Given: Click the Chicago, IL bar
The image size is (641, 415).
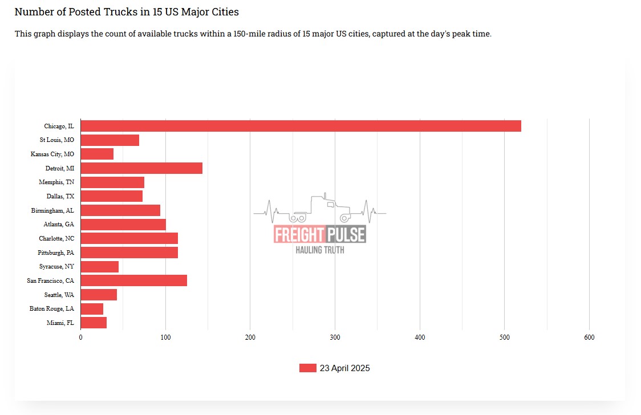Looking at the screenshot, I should (x=301, y=126).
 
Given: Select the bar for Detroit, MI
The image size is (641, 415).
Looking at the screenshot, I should (x=141, y=168).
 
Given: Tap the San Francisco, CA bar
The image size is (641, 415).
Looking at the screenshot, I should (x=133, y=280).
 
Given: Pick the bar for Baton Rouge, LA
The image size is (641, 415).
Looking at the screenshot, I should (x=92, y=309).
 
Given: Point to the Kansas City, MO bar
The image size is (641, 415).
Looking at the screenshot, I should (x=97, y=154).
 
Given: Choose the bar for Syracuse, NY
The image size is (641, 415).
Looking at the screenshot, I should (x=99, y=267).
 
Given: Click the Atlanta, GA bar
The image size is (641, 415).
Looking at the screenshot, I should (x=123, y=225).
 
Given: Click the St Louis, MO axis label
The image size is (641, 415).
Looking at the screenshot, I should (x=56, y=140).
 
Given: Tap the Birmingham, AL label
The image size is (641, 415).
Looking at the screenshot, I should (x=52, y=210).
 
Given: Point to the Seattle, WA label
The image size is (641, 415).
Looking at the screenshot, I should (x=59, y=295).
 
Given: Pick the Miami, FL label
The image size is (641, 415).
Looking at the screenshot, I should (x=60, y=323).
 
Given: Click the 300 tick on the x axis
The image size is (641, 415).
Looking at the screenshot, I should (x=335, y=337).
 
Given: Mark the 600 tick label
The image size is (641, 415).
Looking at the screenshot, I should (x=589, y=337).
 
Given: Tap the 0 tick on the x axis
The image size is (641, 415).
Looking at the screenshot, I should (x=80, y=337).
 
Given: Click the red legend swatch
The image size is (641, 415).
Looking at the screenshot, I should (x=307, y=368).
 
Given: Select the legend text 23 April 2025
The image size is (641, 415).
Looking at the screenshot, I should (x=344, y=368).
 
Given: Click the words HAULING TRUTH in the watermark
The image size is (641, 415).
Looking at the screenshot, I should (x=319, y=250).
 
